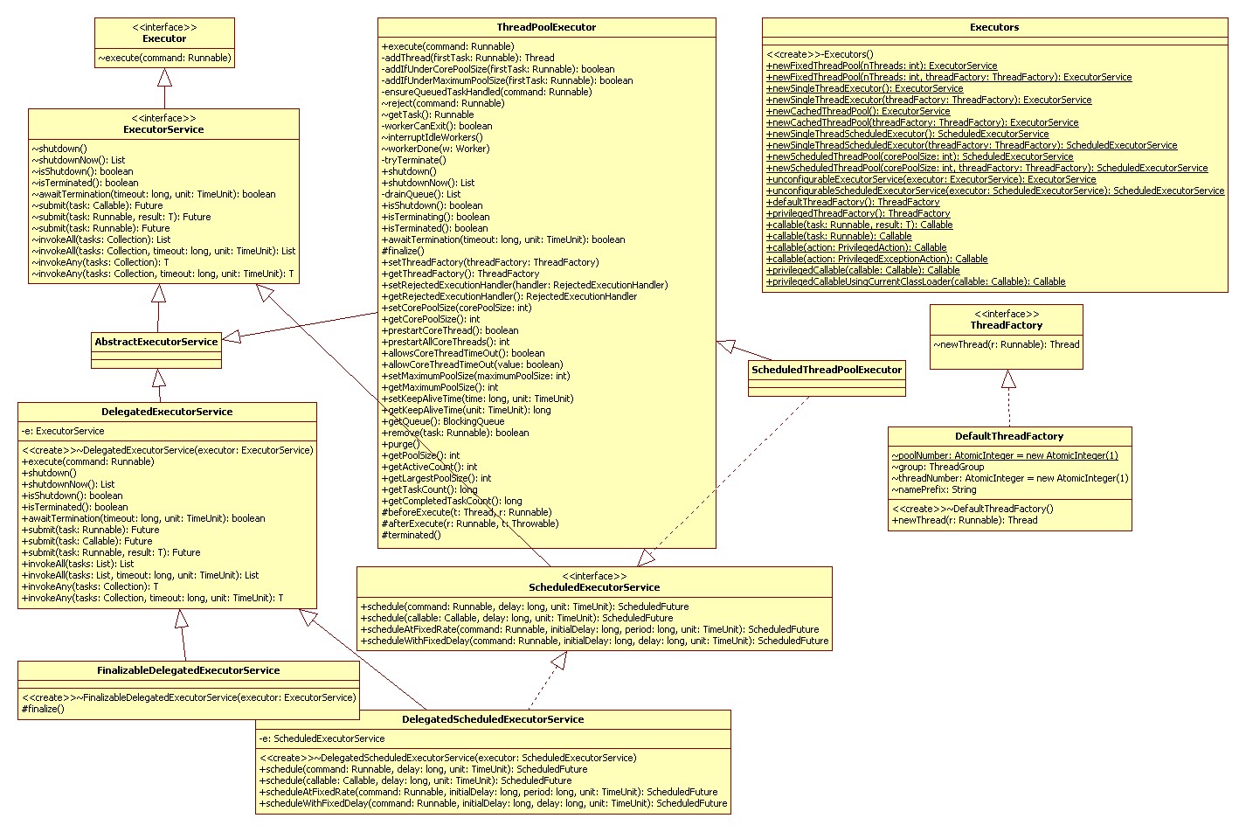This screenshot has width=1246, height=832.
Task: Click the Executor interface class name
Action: pos(164,38)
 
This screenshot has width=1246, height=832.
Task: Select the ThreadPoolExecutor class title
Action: pos(546,27)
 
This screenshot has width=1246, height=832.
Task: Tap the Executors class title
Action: pos(994,27)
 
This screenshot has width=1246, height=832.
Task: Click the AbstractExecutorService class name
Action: pos(156,342)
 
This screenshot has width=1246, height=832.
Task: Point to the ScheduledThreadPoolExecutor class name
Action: pos(826,370)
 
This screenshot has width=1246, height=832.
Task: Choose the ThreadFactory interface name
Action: pos(1006,325)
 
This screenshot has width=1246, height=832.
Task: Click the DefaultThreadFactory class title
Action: pos(1009,436)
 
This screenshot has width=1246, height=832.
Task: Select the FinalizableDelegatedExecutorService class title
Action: pos(189,670)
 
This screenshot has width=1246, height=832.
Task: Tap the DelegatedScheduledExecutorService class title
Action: pos(493,719)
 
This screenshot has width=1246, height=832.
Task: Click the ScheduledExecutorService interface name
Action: pos(594,587)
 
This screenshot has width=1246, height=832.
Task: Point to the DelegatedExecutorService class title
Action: pos(167,412)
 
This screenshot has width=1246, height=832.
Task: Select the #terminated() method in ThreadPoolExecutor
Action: pos(412,535)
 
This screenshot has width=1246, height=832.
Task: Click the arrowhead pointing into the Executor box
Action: pos(163,77)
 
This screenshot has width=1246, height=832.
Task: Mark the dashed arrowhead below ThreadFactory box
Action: pos(1008,379)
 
